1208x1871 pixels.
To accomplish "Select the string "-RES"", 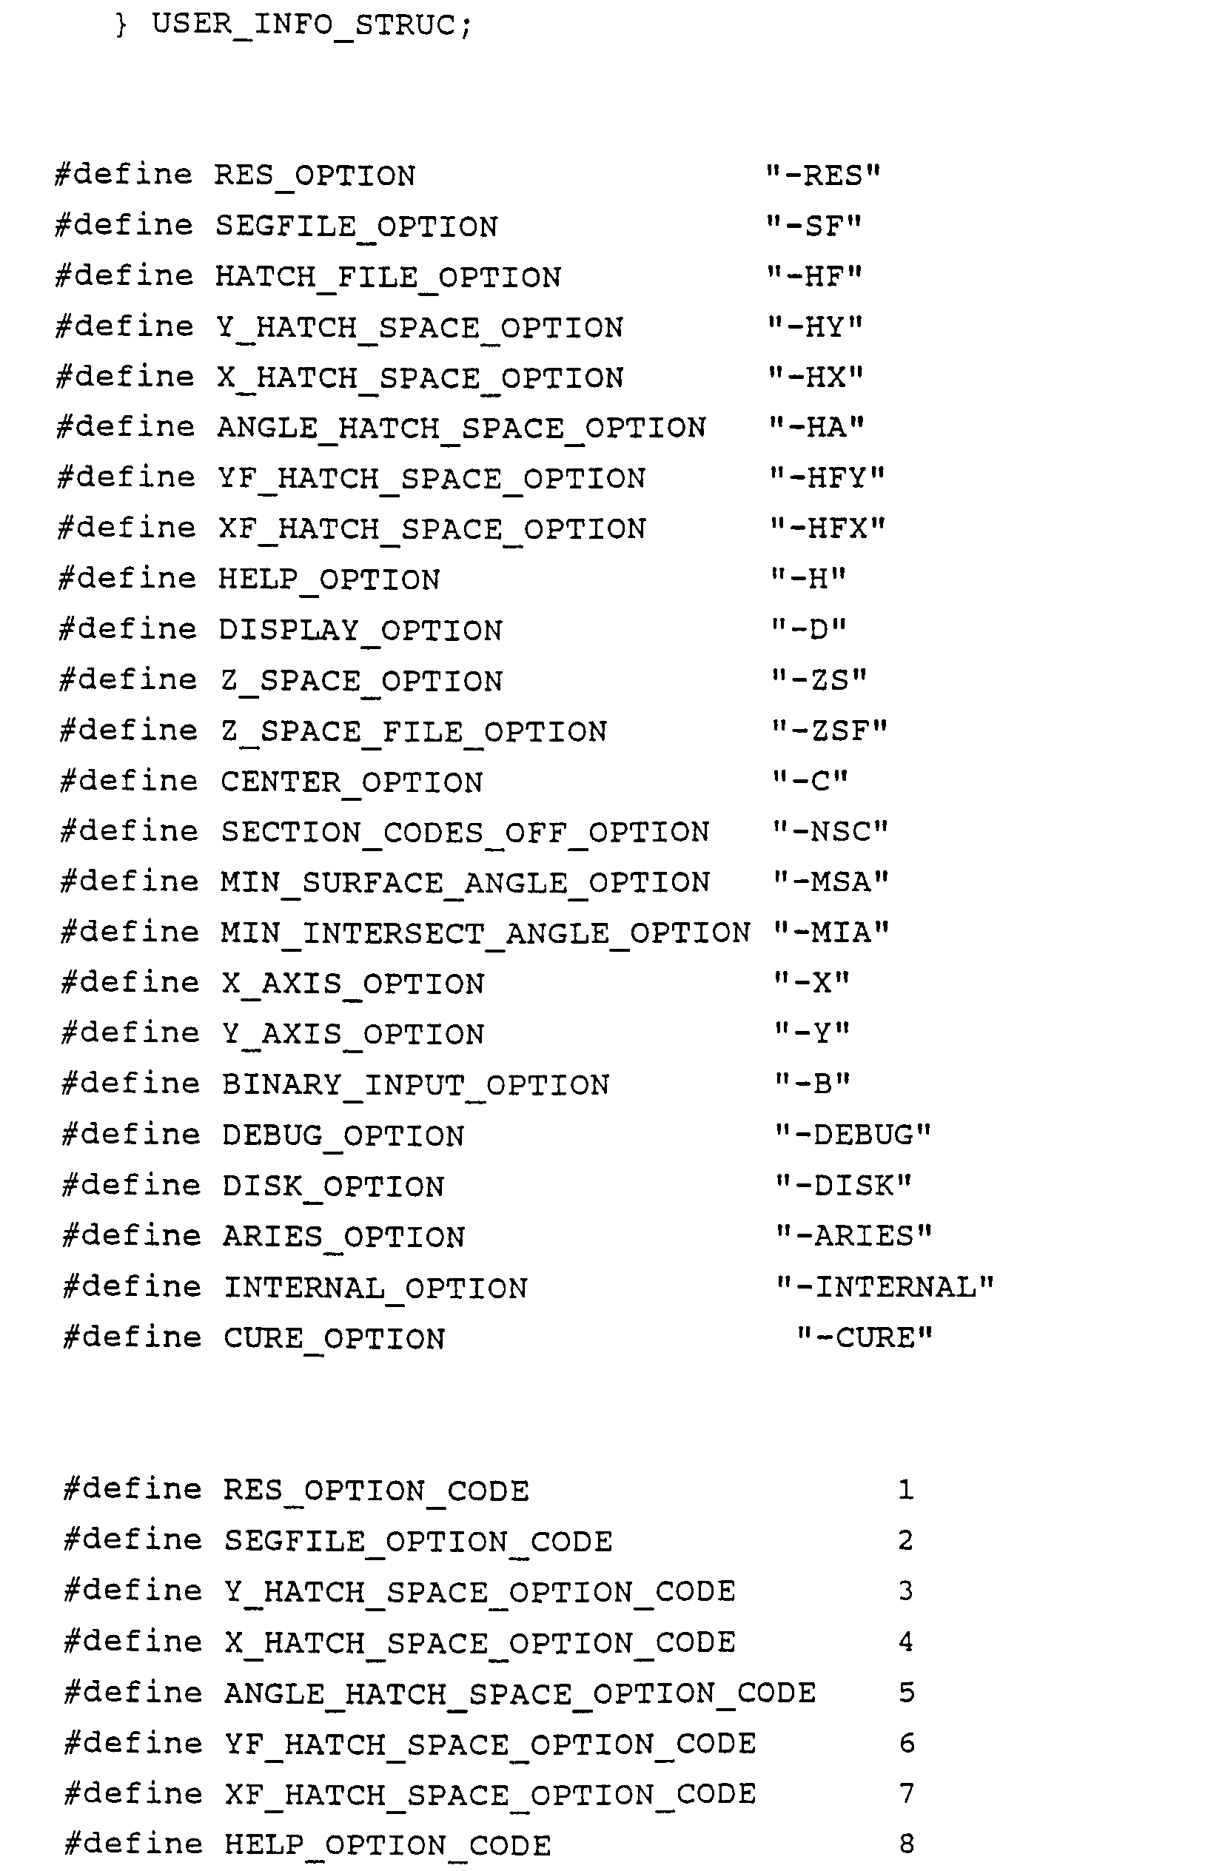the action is click(823, 175).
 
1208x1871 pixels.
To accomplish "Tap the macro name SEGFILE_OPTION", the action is click(357, 226).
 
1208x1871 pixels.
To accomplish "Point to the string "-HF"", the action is click(814, 276).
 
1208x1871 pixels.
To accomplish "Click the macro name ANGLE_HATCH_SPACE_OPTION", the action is click(461, 428).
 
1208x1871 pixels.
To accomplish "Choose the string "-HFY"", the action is click(826, 477).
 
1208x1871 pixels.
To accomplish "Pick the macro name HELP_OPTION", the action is click(329, 580).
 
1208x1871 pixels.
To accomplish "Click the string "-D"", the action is click(809, 630).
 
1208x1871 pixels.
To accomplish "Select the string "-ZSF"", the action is click(829, 730).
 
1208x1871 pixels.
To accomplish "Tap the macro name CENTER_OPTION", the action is click(352, 782).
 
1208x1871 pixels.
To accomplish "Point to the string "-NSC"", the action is click(830, 831).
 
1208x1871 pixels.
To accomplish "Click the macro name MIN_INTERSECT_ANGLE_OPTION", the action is click(485, 933).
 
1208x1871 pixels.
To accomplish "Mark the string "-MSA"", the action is click(830, 882).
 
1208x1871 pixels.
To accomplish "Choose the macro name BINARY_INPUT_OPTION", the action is click(416, 1084).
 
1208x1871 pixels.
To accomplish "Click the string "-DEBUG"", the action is click(853, 1135).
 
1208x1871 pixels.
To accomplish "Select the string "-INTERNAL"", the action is click(885, 1287).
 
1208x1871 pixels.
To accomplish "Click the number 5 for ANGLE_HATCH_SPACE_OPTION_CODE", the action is click(906, 1692).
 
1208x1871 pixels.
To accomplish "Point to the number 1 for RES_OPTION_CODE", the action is click(906, 1489).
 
